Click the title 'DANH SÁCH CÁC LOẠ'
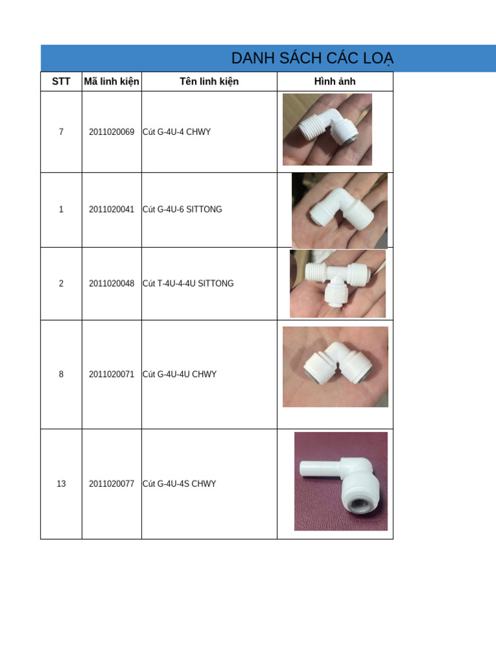click(312, 59)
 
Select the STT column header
click(61, 81)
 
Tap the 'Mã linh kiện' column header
click(112, 81)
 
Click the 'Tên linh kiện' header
click(209, 81)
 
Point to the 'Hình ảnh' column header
click(335, 81)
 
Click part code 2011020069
click(112, 132)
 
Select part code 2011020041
click(112, 209)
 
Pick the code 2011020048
click(112, 283)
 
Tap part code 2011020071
click(112, 374)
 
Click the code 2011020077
click(112, 483)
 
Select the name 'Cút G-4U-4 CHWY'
click(177, 132)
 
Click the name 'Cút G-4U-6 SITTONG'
click(182, 209)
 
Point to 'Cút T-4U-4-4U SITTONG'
click(188, 283)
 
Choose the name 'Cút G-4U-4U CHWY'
click(180, 374)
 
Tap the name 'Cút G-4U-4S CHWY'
click(180, 483)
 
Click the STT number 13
click(61, 483)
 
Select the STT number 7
click(61, 132)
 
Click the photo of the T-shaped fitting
click(338, 283)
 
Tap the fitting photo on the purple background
click(341, 481)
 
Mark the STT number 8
click(61, 374)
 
